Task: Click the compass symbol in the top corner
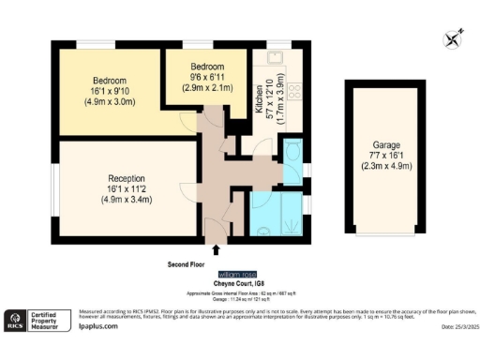tap(454, 38)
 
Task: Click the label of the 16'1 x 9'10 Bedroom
tap(111, 81)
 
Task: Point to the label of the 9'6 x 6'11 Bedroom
tap(207, 67)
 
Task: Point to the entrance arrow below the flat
tap(217, 249)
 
